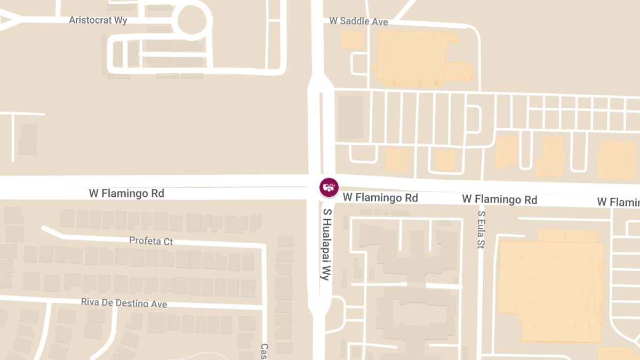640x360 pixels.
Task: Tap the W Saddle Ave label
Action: (358, 21)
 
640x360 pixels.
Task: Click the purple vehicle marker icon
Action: (329, 187)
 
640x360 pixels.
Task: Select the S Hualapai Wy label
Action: (326, 244)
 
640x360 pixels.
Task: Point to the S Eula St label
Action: (481, 230)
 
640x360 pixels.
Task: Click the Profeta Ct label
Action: (151, 241)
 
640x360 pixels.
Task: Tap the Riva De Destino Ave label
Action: (124, 303)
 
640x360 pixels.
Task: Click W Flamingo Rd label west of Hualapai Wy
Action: (126, 193)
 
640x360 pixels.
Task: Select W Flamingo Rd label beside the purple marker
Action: (380, 197)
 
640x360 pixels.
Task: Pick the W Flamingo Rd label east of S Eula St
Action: (499, 199)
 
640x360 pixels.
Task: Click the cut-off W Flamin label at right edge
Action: (619, 202)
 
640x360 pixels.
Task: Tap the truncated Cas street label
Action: (263, 351)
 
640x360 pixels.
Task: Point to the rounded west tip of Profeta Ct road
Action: (45, 228)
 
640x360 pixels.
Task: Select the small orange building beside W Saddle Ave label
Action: (353, 40)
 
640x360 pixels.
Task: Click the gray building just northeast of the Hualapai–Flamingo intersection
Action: (350, 117)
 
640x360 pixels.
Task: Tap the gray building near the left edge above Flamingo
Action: (28, 139)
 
